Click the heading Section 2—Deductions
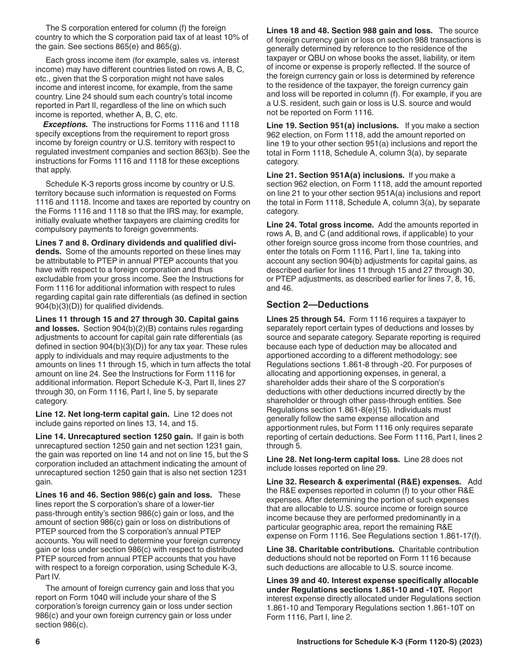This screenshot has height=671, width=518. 317,304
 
